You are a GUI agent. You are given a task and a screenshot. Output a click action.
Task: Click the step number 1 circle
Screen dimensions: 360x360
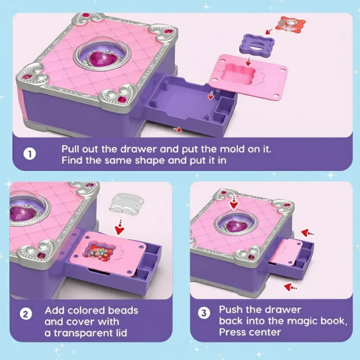point(30,154)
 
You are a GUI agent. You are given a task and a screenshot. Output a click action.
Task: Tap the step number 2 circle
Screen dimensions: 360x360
point(26,314)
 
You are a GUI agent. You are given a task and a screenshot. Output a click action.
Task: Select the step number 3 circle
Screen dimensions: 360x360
point(204,313)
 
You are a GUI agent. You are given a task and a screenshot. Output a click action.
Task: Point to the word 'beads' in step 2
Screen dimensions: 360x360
point(123,310)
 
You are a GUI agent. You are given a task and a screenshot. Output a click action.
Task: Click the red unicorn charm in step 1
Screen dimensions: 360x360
point(292,24)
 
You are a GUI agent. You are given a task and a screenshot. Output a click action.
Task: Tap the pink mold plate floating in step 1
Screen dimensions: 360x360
point(249,76)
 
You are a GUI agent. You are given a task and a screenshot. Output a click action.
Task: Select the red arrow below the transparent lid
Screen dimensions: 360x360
point(120,227)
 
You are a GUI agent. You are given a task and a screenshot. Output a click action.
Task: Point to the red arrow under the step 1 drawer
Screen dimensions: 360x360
point(178,130)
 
